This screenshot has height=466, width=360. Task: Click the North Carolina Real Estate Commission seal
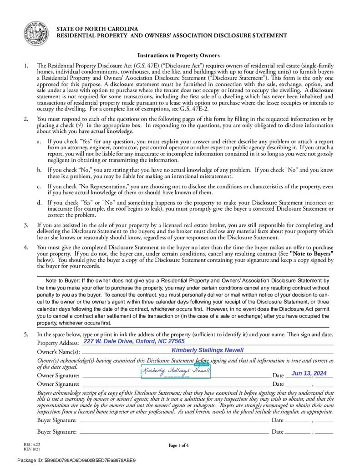[x=36, y=33]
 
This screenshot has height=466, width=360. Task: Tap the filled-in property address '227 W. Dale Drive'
[x=134, y=341]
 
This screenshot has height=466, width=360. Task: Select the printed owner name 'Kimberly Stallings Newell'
[x=208, y=350]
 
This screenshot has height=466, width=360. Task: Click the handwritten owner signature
[x=177, y=371]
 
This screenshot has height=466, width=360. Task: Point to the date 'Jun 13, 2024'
[x=309, y=373]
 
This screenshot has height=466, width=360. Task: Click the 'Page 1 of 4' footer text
[x=178, y=445]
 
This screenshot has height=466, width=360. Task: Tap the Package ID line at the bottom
[x=76, y=460]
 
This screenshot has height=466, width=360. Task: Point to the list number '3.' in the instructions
[x=26, y=225]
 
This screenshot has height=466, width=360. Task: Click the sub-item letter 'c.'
[x=39, y=187]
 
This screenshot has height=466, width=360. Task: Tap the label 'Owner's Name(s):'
[x=58, y=352]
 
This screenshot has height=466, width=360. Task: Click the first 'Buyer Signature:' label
[x=56, y=420]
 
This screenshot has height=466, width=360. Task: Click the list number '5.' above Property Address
[x=26, y=334]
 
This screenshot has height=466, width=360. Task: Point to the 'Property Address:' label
[x=58, y=343]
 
